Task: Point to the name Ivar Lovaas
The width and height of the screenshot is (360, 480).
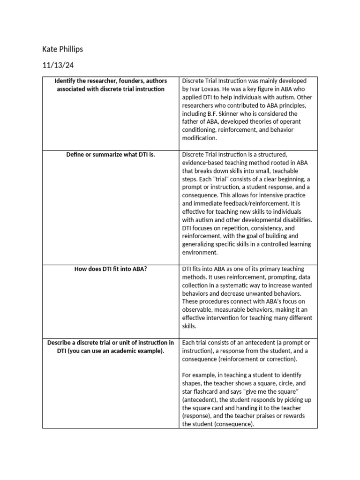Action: point(206,89)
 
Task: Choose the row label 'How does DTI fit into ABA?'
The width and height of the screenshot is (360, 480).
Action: point(111,269)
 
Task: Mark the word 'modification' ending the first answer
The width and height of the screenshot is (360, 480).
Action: point(198,138)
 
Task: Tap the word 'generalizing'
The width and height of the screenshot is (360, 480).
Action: point(200,244)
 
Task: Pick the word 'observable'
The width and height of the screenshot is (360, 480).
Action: point(198,310)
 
